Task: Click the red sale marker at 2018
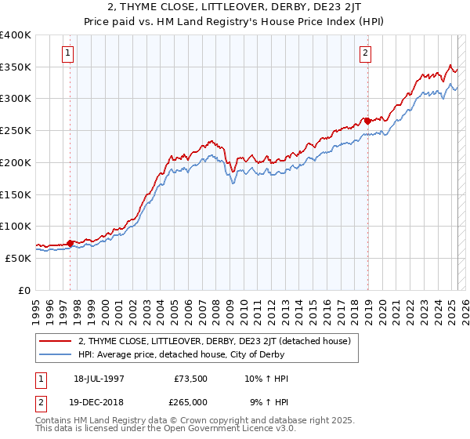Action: click(x=367, y=121)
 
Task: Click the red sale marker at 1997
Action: click(x=70, y=243)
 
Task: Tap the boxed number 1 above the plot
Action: click(x=68, y=53)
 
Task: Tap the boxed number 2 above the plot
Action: click(x=366, y=53)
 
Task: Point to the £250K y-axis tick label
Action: click(x=15, y=130)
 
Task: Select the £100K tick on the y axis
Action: click(x=15, y=226)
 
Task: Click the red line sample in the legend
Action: click(x=55, y=341)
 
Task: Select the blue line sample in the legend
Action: click(x=55, y=354)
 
